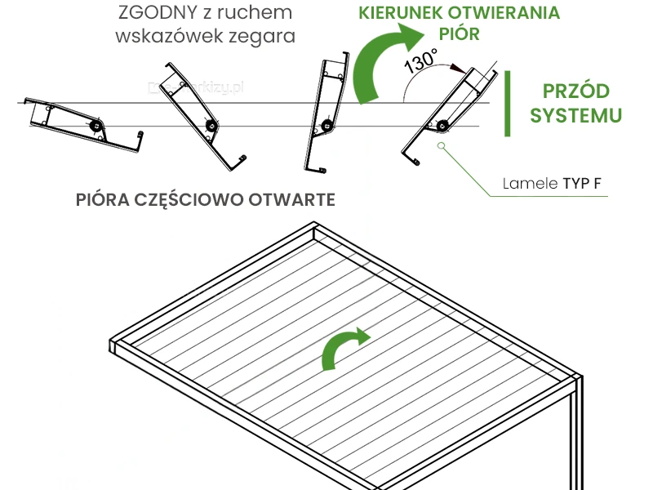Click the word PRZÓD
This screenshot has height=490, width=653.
coord(576,91)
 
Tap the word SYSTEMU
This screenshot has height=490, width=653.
coord(576,116)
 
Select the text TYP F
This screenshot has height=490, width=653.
coord(583,183)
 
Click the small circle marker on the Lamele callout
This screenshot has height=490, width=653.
coord(441,146)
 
